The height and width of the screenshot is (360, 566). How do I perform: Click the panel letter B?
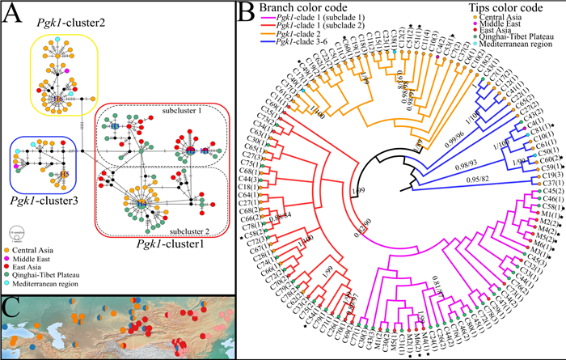(x=251, y=14)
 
